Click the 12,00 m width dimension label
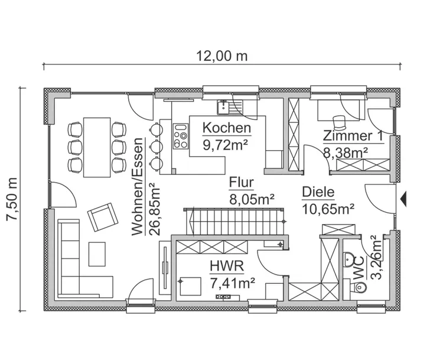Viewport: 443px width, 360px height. click(x=221, y=56)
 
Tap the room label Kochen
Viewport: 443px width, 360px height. click(x=227, y=128)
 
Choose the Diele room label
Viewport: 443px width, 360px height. click(x=318, y=192)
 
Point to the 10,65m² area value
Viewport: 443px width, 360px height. click(x=328, y=208)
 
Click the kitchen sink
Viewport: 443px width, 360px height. click(x=224, y=107)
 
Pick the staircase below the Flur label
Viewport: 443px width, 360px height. click(x=236, y=221)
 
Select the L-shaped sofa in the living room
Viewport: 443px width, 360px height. click(x=77, y=266)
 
